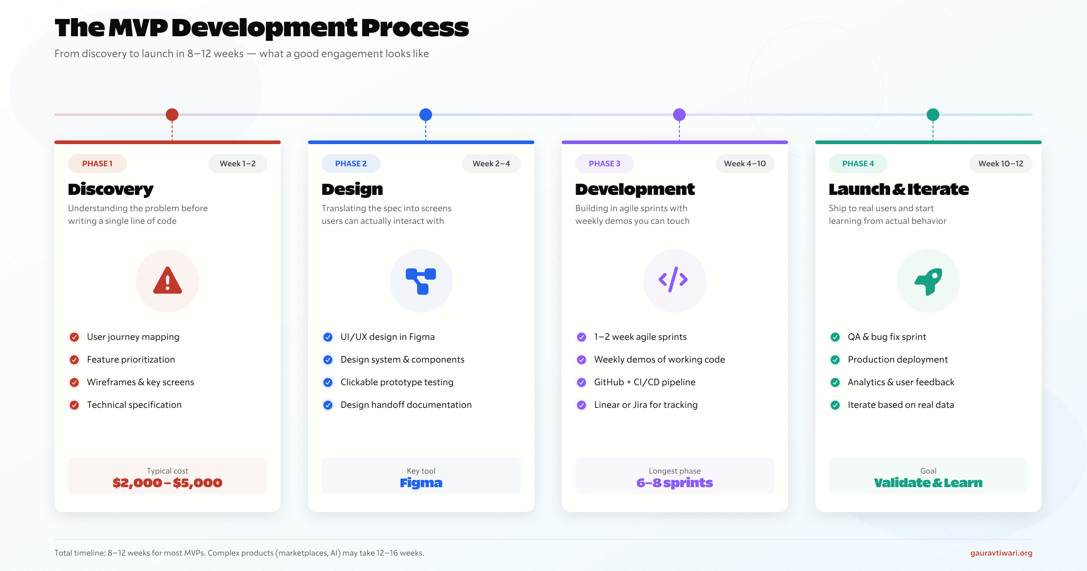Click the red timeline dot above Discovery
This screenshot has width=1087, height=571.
(x=172, y=115)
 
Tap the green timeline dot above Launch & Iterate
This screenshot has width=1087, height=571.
(x=933, y=115)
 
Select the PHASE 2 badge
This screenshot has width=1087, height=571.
(x=351, y=164)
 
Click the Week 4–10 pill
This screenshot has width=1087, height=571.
(x=745, y=164)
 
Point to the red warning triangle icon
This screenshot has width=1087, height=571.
(x=168, y=281)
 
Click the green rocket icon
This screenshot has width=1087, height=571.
(x=928, y=281)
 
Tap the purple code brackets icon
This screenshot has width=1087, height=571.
(x=673, y=280)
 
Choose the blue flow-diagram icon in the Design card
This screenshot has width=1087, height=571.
(x=421, y=281)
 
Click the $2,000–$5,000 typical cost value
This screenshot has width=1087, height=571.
(x=168, y=483)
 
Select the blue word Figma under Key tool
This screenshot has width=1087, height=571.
(x=421, y=483)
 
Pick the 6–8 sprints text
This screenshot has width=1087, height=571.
(x=675, y=483)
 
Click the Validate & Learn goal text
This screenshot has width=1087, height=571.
(x=928, y=483)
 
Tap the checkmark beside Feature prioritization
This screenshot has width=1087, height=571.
(x=74, y=360)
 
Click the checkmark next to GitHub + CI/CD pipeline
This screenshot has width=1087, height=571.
(x=582, y=382)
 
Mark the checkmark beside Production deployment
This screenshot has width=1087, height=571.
(x=835, y=360)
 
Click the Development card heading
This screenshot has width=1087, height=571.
(x=635, y=189)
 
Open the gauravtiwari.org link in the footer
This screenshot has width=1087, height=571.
(x=1001, y=553)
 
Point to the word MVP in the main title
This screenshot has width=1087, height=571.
(x=139, y=28)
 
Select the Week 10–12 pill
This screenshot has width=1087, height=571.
(x=1001, y=164)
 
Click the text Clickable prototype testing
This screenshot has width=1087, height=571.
(x=397, y=382)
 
